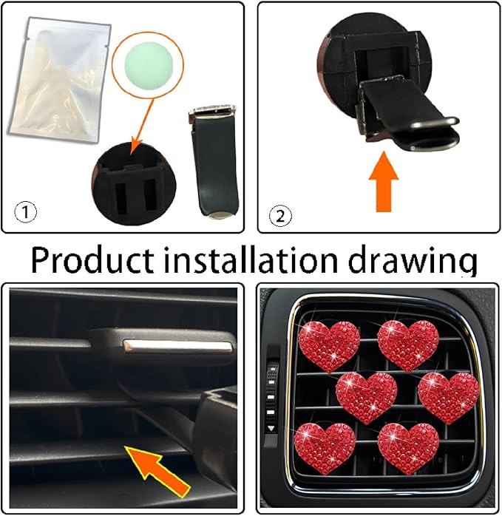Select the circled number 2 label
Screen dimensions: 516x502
point(281,216)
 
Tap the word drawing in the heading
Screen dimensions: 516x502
point(414,259)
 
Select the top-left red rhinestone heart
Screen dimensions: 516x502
point(329,343)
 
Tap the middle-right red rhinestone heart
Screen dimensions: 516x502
point(448,396)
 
